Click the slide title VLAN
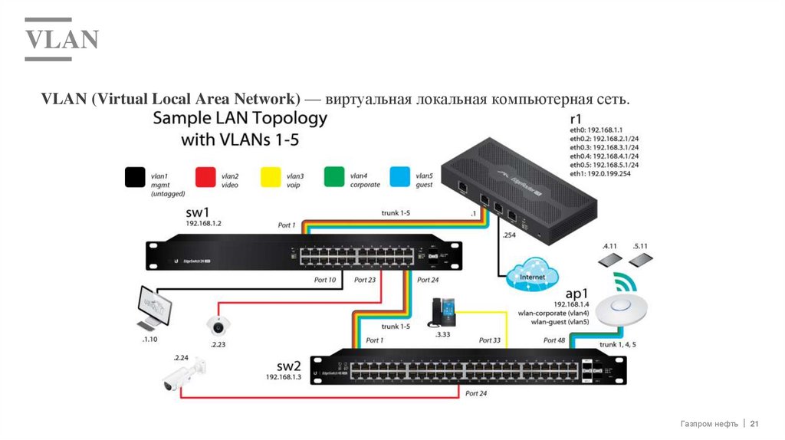(62, 38)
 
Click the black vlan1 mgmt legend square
(135, 178)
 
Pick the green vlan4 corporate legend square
(334, 178)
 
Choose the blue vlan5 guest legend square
(400, 178)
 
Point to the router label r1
(576, 119)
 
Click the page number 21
(754, 424)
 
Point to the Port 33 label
(489, 340)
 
